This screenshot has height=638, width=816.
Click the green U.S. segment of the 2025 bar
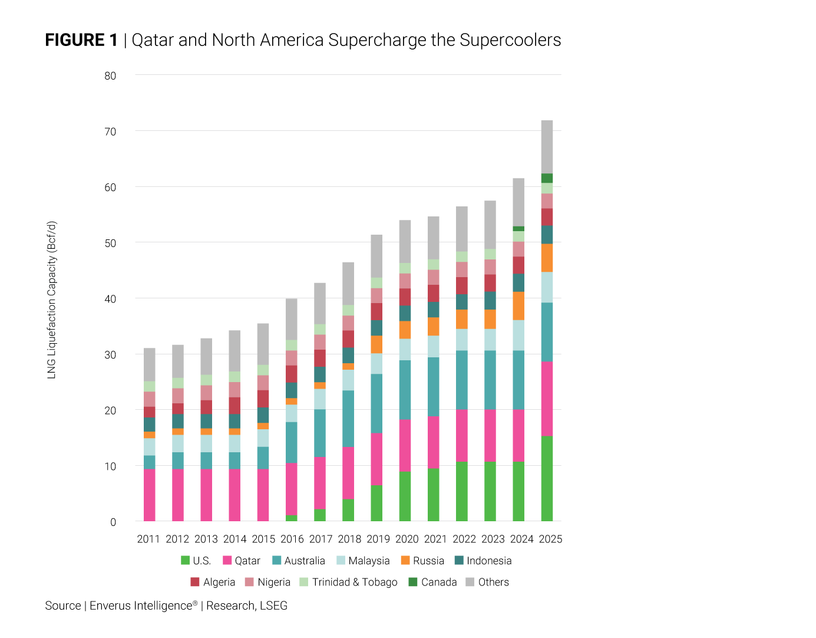tap(547, 478)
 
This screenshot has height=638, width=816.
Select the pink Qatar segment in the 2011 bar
tap(150, 495)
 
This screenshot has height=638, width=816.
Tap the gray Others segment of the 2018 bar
tap(348, 284)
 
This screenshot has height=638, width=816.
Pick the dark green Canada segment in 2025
tap(547, 178)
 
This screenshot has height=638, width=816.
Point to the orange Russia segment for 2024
tap(518, 306)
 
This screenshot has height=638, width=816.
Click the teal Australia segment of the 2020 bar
tap(405, 390)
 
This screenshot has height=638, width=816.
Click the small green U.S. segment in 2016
tap(291, 518)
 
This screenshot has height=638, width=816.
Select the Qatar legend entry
tap(242, 561)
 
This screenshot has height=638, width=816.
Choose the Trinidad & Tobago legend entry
tap(348, 582)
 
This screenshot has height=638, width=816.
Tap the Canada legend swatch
tap(413, 582)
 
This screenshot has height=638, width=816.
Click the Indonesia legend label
tap(489, 561)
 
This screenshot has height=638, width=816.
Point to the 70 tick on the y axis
tap(110, 131)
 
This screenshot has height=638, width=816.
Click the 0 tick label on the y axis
tap(113, 522)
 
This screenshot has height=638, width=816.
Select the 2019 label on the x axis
tap(378, 539)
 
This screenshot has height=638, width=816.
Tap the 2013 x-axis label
tap(206, 539)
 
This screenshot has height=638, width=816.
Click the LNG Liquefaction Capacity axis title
tap(52, 300)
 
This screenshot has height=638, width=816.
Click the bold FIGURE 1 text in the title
tap(81, 40)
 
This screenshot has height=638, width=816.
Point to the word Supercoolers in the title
tap(510, 40)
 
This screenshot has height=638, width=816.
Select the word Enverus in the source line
tap(111, 606)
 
